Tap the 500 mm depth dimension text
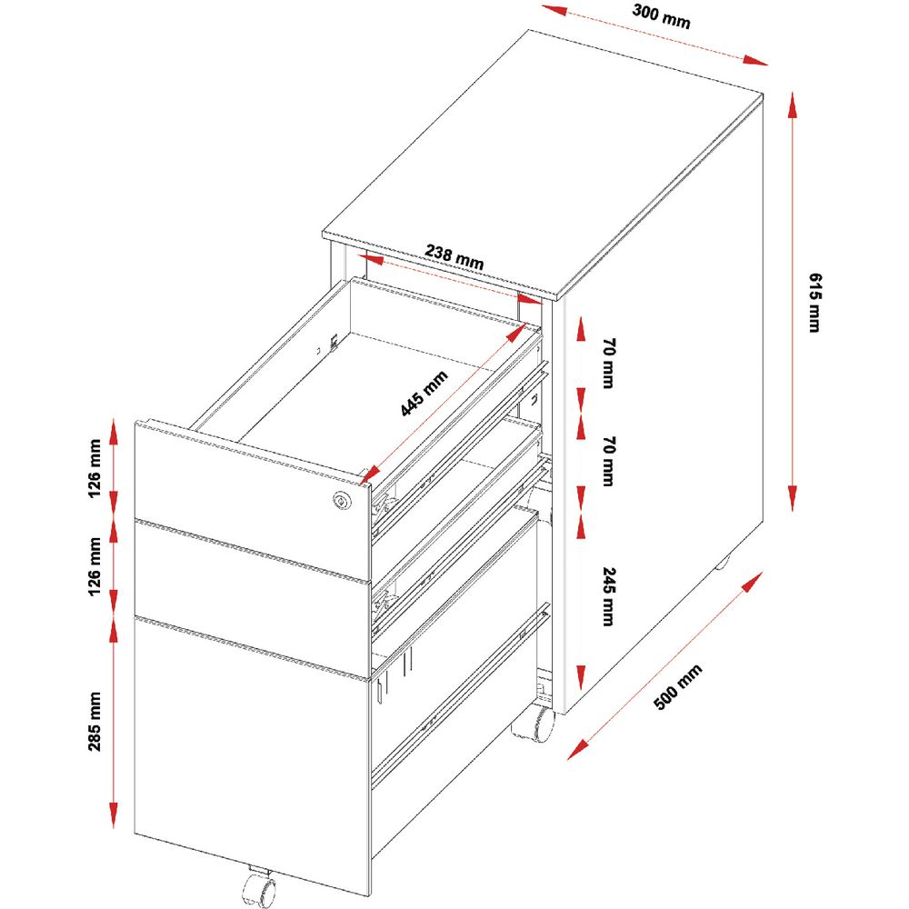[678, 686]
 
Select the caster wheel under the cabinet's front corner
[534, 724]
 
